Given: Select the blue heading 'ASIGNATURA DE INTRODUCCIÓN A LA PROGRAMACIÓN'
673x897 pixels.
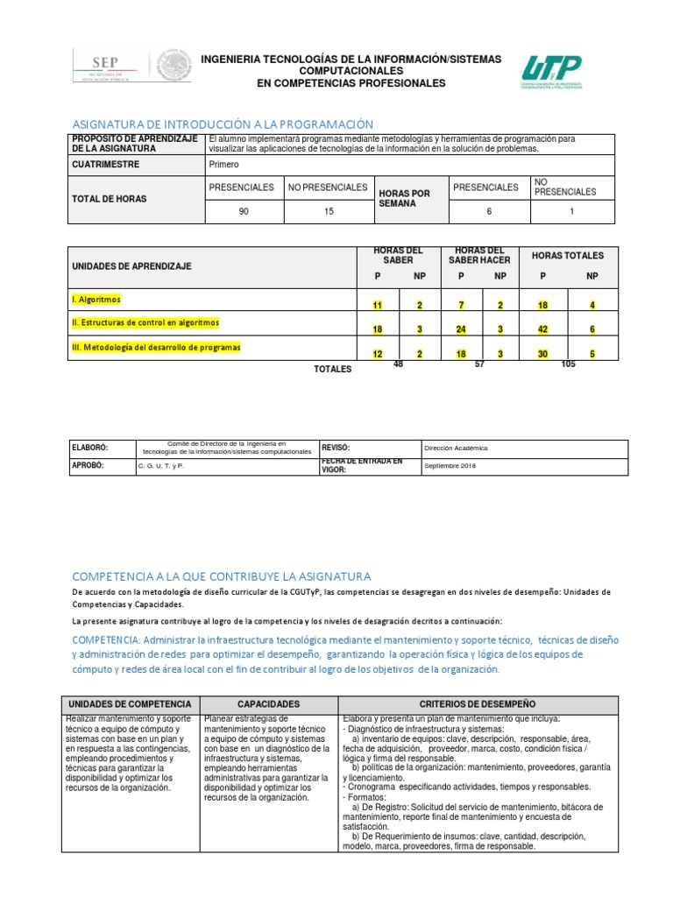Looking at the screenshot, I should (223, 124).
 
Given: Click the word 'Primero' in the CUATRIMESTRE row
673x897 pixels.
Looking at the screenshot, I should (223, 164).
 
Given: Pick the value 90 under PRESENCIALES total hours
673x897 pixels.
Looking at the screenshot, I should (244, 211).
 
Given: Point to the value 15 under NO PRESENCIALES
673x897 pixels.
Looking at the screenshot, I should (329, 211).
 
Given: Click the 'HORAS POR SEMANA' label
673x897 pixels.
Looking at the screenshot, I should (403, 198).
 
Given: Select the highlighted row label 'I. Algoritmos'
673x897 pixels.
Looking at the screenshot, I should (96, 299).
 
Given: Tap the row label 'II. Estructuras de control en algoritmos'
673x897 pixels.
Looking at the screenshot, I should (145, 322).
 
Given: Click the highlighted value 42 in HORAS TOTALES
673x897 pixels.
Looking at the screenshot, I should (543, 329).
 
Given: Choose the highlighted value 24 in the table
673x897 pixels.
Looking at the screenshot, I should (460, 329).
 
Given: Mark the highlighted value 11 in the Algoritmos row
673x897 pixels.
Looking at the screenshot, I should (377, 306).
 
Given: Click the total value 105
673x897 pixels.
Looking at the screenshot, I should (568, 364).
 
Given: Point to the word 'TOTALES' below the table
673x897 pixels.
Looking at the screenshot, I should (332, 369).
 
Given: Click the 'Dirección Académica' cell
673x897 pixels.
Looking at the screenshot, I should (456, 448).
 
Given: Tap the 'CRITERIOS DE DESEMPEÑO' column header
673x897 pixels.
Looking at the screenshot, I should (478, 704).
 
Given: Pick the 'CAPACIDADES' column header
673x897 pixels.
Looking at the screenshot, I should (269, 704).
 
